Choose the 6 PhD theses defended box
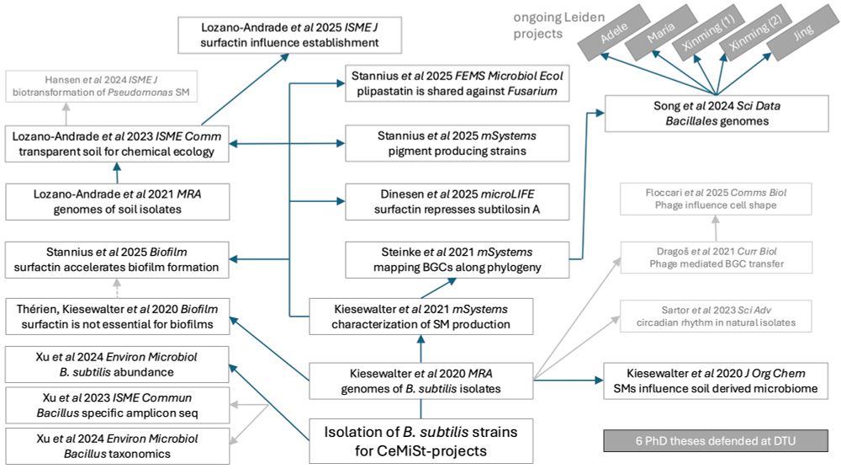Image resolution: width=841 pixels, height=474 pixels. [x=715, y=440]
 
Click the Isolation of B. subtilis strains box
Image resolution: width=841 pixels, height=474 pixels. [x=420, y=441]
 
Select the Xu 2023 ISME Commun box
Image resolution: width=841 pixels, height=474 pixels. [x=117, y=405]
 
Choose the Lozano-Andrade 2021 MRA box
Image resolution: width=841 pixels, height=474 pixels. [x=117, y=202]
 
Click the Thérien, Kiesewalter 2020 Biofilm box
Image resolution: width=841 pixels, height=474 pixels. [x=117, y=317]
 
